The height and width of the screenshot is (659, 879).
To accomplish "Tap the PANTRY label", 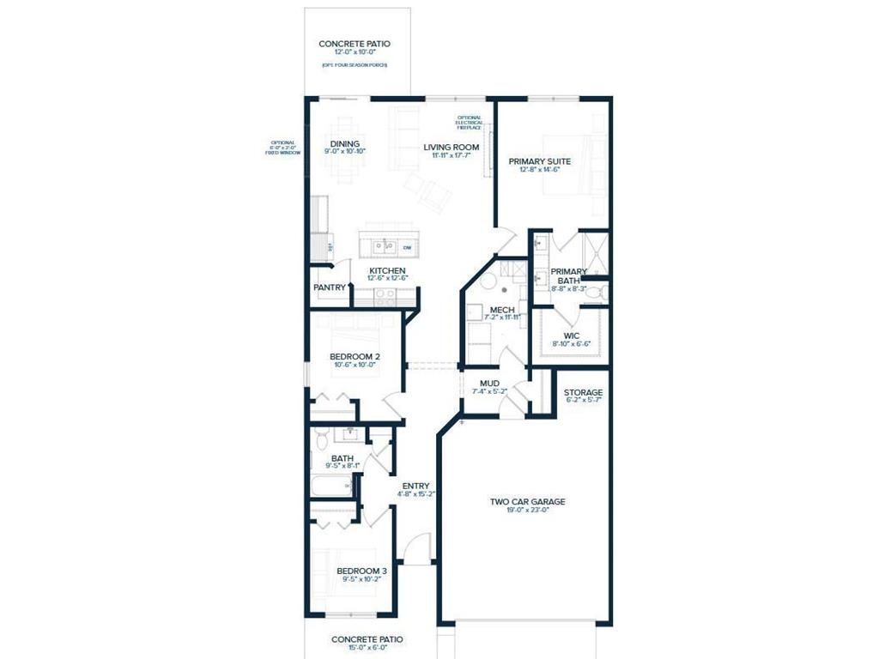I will tap(330, 287).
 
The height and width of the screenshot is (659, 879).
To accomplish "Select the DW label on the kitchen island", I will tap(407, 248).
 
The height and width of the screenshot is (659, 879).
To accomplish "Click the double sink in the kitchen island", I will tap(384, 248).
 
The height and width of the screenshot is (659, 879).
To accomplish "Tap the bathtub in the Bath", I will tap(332, 487).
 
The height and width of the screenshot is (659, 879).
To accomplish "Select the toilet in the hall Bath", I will tap(321, 439).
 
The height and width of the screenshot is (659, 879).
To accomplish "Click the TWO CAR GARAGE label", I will tap(527, 502).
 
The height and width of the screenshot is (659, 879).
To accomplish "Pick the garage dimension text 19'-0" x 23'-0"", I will tap(527, 511).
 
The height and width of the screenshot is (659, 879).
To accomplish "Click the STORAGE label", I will tap(583, 392).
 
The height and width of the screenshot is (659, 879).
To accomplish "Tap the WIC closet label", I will tap(572, 336).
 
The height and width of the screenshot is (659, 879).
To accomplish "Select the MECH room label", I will tap(502, 309).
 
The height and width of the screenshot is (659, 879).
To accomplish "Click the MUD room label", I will tap(489, 383).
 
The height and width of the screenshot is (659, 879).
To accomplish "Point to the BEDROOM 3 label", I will tap(361, 571).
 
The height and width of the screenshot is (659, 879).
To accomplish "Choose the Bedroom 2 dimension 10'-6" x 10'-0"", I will tap(355, 365).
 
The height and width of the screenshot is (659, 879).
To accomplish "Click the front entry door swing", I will tap(416, 547).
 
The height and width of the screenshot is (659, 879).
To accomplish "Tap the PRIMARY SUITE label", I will tap(539, 160).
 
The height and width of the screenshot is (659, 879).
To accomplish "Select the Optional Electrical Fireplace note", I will tap(469, 123).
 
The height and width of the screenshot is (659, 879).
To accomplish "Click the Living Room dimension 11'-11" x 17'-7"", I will tap(451, 156).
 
